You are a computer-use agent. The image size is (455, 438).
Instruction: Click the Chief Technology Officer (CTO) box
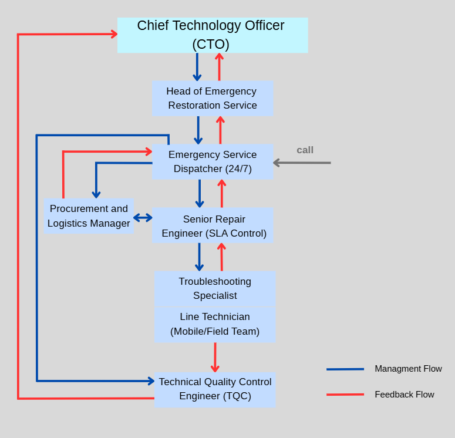(213, 35)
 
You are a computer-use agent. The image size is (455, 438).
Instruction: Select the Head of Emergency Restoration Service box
(213, 98)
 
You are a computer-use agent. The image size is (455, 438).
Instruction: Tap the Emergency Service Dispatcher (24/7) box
(213, 161)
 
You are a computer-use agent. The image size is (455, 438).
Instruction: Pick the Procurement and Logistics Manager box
(89, 216)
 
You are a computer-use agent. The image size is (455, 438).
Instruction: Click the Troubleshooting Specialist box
(215, 288)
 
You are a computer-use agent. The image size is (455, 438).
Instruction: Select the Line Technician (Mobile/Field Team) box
(215, 324)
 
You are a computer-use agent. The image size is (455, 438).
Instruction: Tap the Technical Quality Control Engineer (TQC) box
(215, 389)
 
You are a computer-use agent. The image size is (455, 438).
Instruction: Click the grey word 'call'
(305, 150)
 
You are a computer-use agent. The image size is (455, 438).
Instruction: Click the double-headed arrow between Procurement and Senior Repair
(143, 218)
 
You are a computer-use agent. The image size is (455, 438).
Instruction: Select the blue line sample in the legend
(345, 369)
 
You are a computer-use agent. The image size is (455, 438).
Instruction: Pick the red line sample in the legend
(345, 395)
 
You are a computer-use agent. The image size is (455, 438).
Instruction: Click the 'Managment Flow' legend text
(408, 369)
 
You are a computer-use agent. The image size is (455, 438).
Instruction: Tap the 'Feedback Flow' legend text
(405, 395)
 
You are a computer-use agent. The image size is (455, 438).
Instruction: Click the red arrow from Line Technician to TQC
(215, 357)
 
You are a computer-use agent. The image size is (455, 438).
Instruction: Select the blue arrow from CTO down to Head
(197, 67)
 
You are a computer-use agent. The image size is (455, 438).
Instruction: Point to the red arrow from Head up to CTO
(219, 67)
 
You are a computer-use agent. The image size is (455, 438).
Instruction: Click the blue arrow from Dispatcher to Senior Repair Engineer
(200, 193)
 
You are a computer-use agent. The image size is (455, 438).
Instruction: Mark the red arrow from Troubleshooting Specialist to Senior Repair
(221, 257)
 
